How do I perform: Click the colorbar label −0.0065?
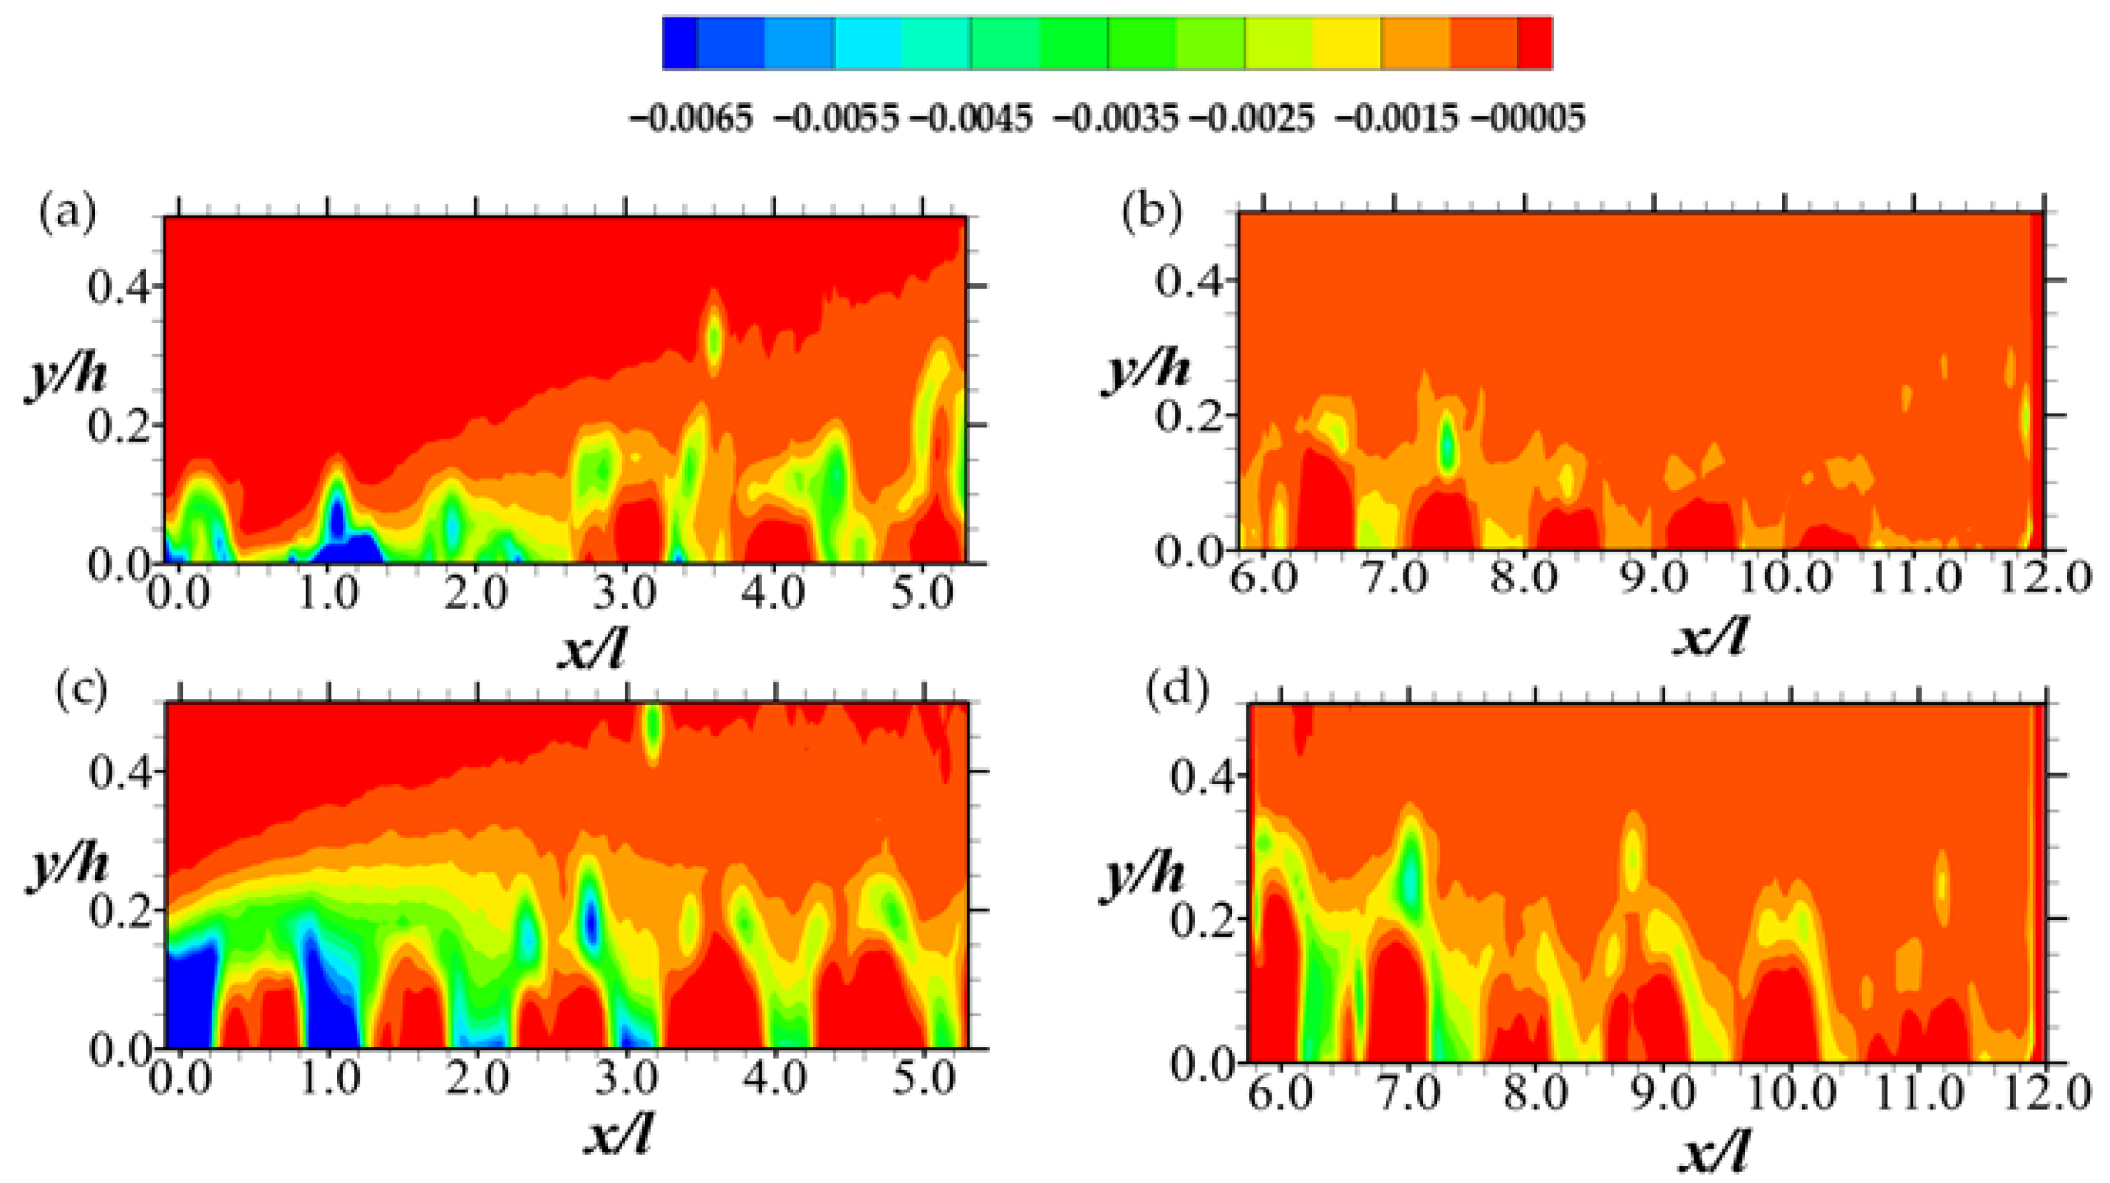click(x=690, y=119)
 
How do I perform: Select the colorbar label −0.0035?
click(x=1116, y=119)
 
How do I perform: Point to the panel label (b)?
click(x=1151, y=212)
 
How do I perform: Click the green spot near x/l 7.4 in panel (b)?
click(x=1448, y=446)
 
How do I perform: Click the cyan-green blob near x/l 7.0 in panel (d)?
click(x=1411, y=881)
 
